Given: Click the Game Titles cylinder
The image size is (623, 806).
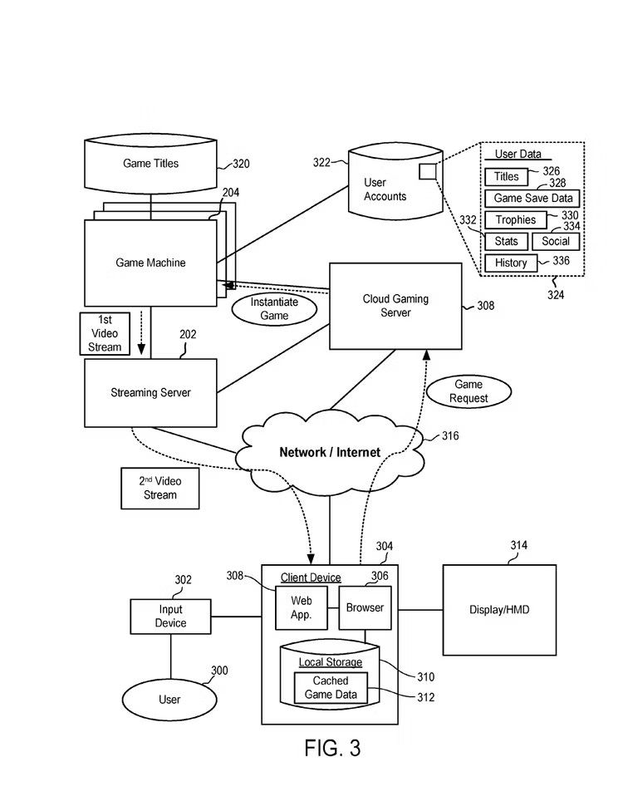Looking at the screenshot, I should pos(150,164).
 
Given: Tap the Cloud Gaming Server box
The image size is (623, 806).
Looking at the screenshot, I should pos(395,306).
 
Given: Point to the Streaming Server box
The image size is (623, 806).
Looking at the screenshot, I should pos(150,392).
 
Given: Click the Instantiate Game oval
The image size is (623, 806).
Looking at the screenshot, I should pos(274,309).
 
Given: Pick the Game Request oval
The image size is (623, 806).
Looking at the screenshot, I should pos(468,391).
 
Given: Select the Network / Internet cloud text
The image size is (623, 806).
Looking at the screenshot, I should pos(330,452).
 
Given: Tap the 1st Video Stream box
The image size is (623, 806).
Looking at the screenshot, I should pos(105,333).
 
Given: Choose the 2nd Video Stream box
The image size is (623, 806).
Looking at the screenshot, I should pos(160,488).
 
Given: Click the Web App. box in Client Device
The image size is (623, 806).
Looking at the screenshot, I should pos(301,608).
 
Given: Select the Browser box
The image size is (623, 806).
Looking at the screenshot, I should pos(365,608).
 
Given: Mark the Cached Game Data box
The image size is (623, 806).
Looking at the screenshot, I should pos(331,688).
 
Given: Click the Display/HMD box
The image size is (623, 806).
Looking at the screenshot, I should pos(499,610).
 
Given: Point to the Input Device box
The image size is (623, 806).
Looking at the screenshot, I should pos(170,617).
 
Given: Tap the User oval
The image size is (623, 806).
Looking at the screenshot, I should pos(169,700).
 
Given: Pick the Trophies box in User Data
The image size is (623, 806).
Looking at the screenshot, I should pos(515,220).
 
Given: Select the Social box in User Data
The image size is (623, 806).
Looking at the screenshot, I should pos(556,241).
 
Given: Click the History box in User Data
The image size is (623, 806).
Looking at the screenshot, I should pos(511,263).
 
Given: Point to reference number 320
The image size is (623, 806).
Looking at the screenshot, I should pos(240,165).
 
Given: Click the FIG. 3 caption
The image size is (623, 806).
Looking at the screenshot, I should pos(332,748).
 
